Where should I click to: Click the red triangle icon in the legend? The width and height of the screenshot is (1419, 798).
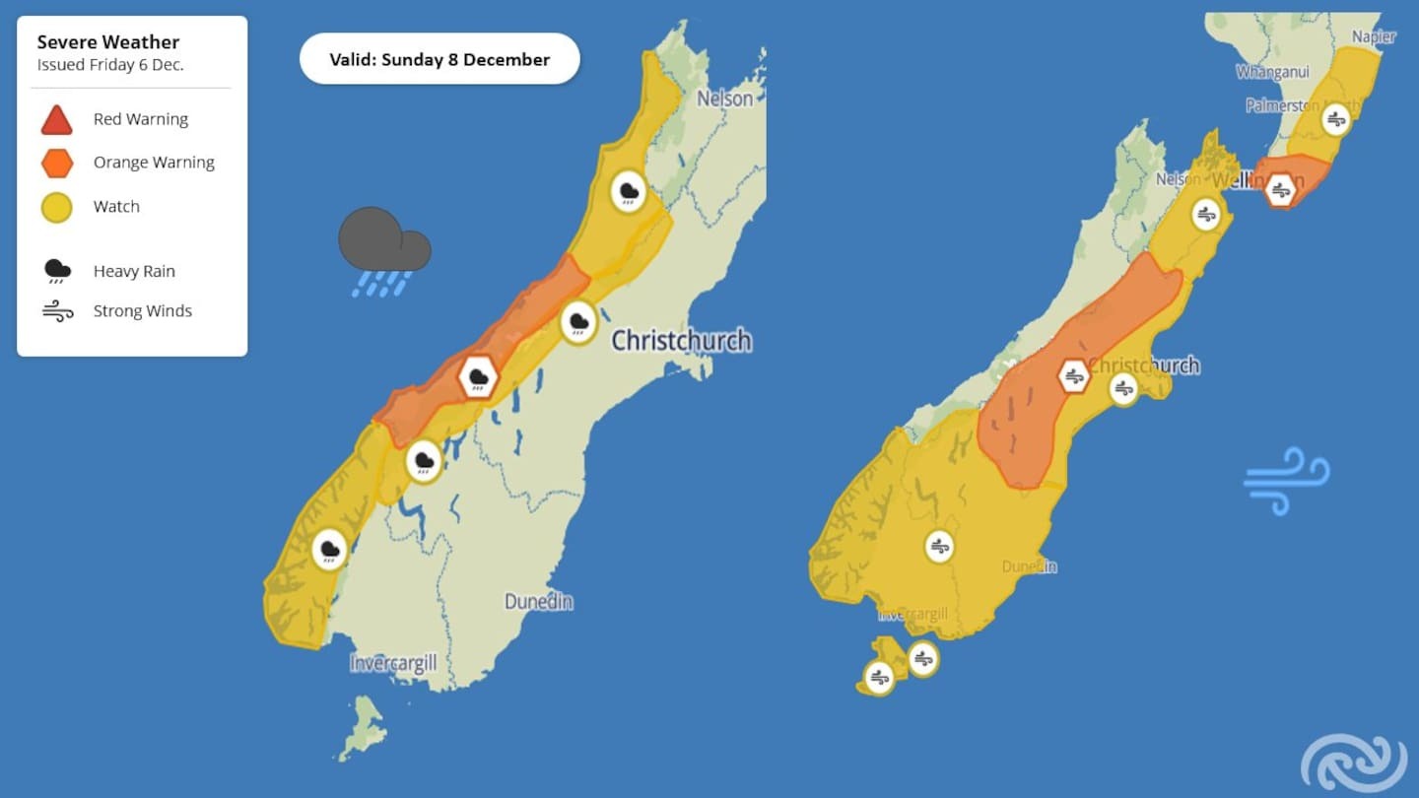[x=56, y=120]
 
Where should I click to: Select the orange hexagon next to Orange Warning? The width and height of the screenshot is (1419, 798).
[x=57, y=163]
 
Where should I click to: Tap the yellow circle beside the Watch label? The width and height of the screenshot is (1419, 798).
[x=57, y=207]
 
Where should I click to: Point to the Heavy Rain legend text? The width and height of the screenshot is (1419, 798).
[x=134, y=271]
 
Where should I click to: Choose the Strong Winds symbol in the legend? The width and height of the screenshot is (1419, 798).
[x=57, y=311]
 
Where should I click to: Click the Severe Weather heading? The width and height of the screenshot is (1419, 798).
[x=108, y=42]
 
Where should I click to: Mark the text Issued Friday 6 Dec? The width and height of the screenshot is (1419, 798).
[x=110, y=65]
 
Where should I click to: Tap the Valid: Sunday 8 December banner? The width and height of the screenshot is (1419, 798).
[x=439, y=59]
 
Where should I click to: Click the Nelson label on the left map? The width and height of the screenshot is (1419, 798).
[x=724, y=99]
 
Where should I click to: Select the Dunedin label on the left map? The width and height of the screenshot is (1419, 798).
[x=538, y=601]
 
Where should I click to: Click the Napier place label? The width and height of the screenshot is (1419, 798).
[x=1374, y=36]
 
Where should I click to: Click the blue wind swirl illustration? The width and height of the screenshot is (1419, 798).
[x=1287, y=480]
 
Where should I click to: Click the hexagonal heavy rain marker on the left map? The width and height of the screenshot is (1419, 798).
[x=479, y=377]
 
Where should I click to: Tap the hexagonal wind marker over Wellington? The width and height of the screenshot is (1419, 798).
[x=1280, y=189]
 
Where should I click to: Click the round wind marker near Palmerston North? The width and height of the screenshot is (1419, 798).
[x=1336, y=119]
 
